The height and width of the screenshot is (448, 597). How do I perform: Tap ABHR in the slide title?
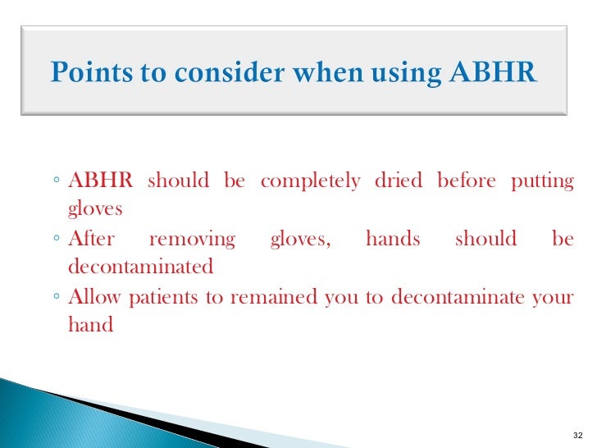494,73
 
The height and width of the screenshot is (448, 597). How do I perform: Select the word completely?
310,181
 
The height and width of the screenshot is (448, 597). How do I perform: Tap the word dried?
398,181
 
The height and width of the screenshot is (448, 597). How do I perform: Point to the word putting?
542,181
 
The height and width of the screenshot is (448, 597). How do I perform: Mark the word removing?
192,240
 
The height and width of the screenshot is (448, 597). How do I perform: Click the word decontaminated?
140,267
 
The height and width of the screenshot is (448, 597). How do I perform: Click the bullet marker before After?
53,240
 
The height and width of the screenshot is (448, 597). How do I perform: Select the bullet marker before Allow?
53,298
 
